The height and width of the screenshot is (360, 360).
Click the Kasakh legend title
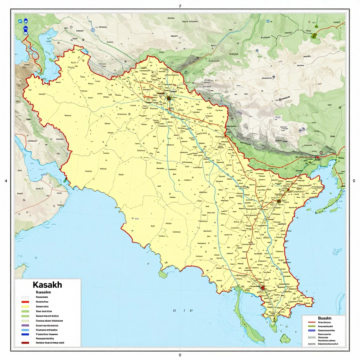coord(47,284)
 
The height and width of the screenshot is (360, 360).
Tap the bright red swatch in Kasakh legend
coord(25,302)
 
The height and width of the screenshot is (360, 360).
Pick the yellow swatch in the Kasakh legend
coord(25,307)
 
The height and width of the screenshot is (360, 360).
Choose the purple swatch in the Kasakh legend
coord(25,326)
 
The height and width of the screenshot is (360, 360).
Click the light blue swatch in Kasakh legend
coord(25,330)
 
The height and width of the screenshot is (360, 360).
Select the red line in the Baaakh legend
coord(311,322)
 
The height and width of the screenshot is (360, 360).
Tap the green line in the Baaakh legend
coord(311,326)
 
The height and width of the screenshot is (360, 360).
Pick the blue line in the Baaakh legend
coord(311,330)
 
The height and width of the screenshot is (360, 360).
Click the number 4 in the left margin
coord(6,181)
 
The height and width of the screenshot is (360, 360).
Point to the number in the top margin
coord(180,6)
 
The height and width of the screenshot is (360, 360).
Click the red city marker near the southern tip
coord(262,288)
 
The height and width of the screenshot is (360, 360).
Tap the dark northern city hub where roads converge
coord(169,98)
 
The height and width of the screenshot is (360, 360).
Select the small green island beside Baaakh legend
coord(285,339)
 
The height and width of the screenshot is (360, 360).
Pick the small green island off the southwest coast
coord(162,274)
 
